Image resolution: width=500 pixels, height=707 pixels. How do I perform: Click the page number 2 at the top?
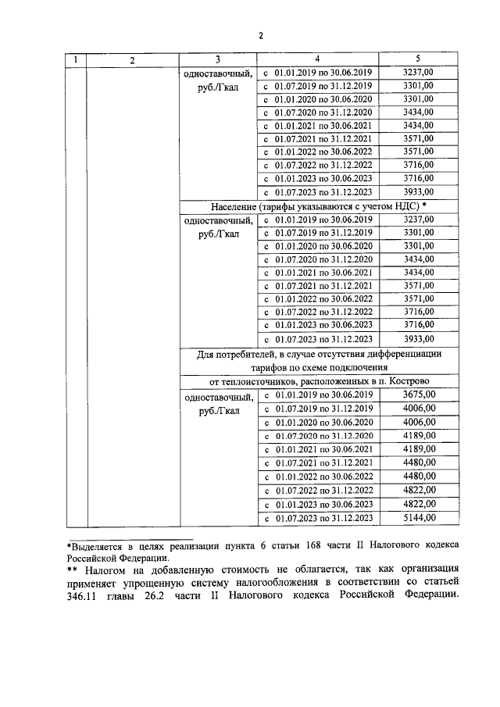[x=261, y=35]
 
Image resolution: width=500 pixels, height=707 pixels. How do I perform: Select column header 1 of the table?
[x=75, y=60]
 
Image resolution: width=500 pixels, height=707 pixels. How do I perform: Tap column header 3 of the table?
[x=218, y=60]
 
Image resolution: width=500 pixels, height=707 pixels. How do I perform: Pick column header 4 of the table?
[x=317, y=60]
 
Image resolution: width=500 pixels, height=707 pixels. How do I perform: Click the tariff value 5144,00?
[x=418, y=519]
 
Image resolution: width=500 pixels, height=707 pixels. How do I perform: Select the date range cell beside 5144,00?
[x=317, y=519]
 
